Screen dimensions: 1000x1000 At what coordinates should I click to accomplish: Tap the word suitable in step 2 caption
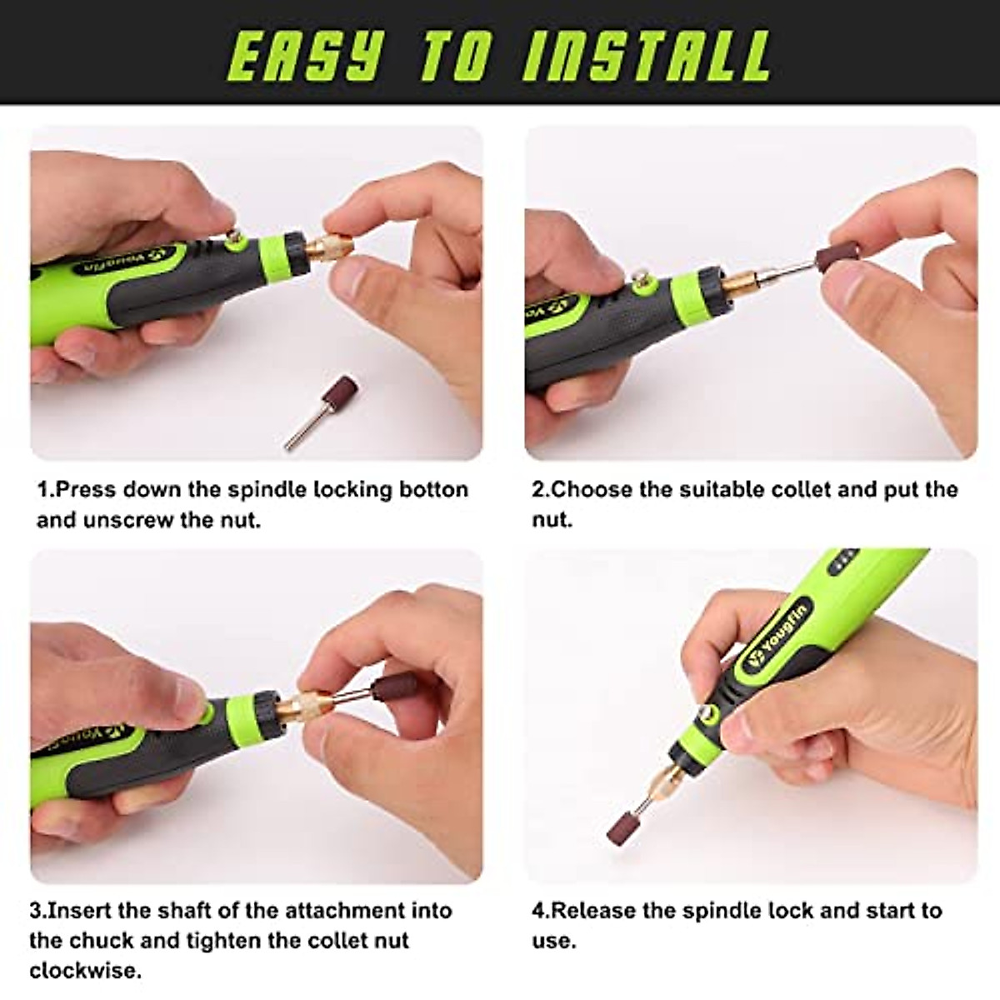[733, 490]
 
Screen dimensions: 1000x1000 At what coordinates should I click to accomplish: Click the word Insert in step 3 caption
[82, 910]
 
